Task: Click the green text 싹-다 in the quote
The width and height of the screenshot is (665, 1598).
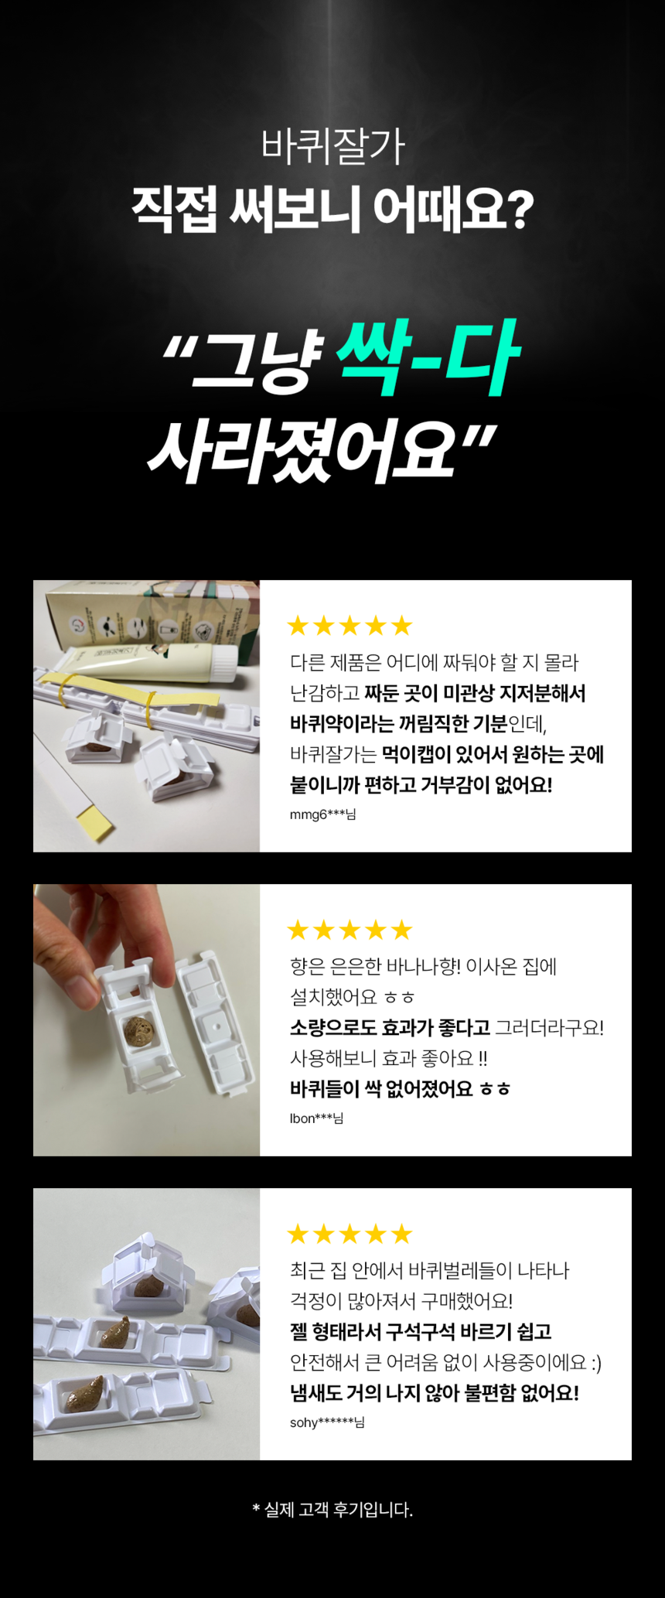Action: coord(428,359)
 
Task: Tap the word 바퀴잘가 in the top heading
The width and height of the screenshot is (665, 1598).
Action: coord(332,146)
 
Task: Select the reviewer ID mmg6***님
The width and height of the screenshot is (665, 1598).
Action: coord(322,814)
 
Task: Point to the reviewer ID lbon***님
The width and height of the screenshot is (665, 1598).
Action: coord(316,1118)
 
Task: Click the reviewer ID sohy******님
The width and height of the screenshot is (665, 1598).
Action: coord(326,1422)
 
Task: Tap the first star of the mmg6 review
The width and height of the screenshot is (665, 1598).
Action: coord(298,626)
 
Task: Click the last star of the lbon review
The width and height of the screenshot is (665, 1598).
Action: coord(401,930)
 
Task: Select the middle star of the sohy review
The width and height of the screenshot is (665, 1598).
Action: coord(350,1234)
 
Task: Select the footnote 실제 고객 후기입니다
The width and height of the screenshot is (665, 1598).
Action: coord(332,1510)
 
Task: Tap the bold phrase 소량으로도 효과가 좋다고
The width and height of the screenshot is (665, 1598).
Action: coord(390,1028)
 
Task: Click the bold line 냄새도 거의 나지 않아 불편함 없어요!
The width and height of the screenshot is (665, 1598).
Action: coord(434,1393)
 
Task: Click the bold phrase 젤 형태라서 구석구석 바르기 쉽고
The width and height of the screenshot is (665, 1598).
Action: coord(420,1332)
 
